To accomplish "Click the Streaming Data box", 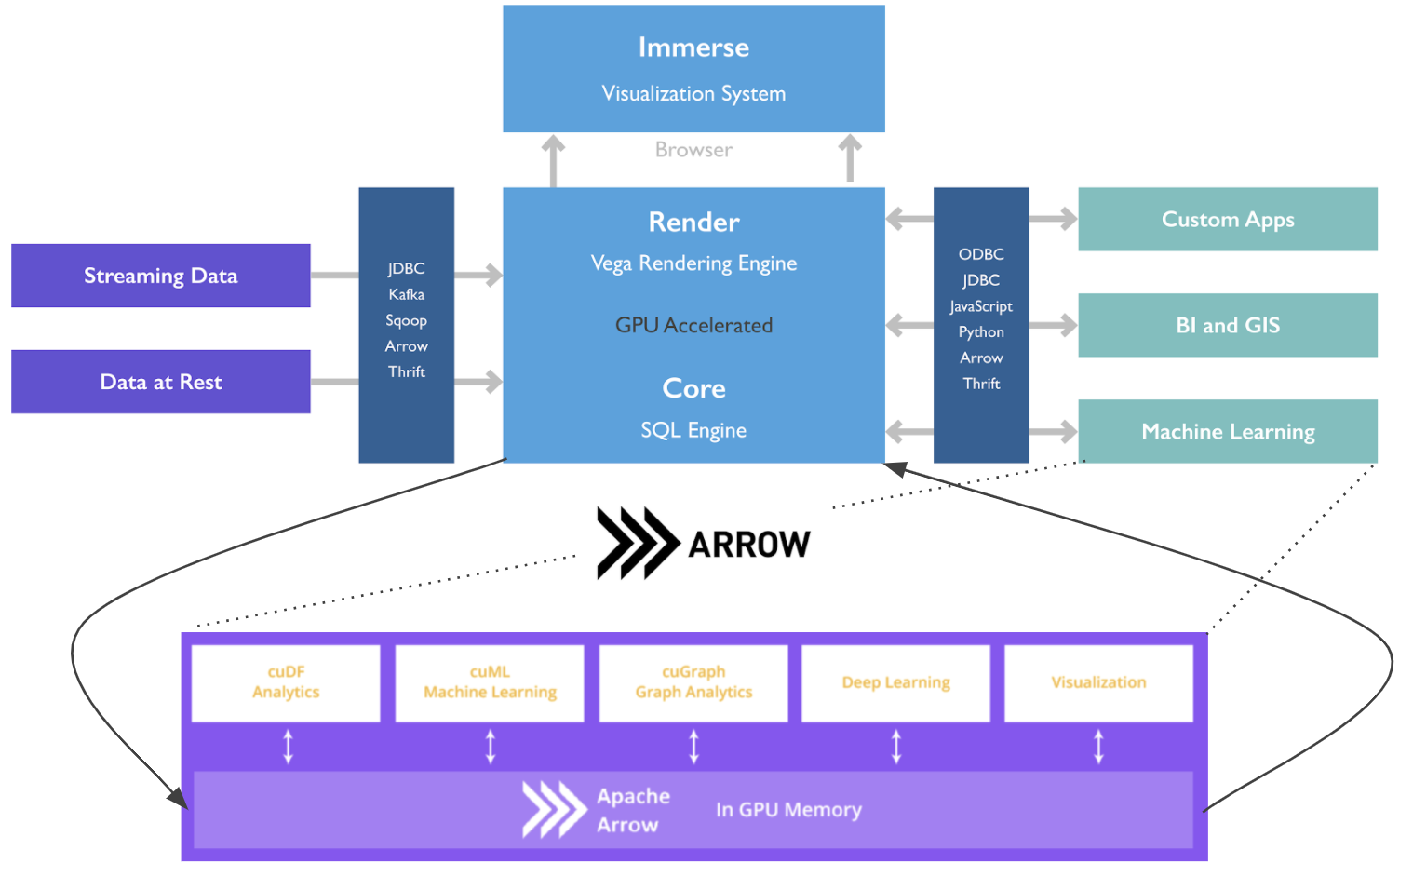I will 160,276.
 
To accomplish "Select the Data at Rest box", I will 160,382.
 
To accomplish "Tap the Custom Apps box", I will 1227,220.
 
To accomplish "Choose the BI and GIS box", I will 1227,325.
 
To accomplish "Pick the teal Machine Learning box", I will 1227,431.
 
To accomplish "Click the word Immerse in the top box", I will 693,47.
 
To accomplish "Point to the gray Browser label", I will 693,150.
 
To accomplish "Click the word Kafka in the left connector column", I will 407,294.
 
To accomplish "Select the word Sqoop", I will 407,320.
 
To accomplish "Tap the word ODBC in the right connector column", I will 981,254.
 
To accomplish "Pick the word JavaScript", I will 981,306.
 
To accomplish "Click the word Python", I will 981,332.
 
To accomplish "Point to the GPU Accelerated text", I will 693,326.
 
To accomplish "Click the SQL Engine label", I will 693,430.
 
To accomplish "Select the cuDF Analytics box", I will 286,682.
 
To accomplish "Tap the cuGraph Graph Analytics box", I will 693,682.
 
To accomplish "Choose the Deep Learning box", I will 895,682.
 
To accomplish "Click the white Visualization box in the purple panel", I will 1098,682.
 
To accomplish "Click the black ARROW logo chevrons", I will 637,543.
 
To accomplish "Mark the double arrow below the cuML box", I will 491,747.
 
